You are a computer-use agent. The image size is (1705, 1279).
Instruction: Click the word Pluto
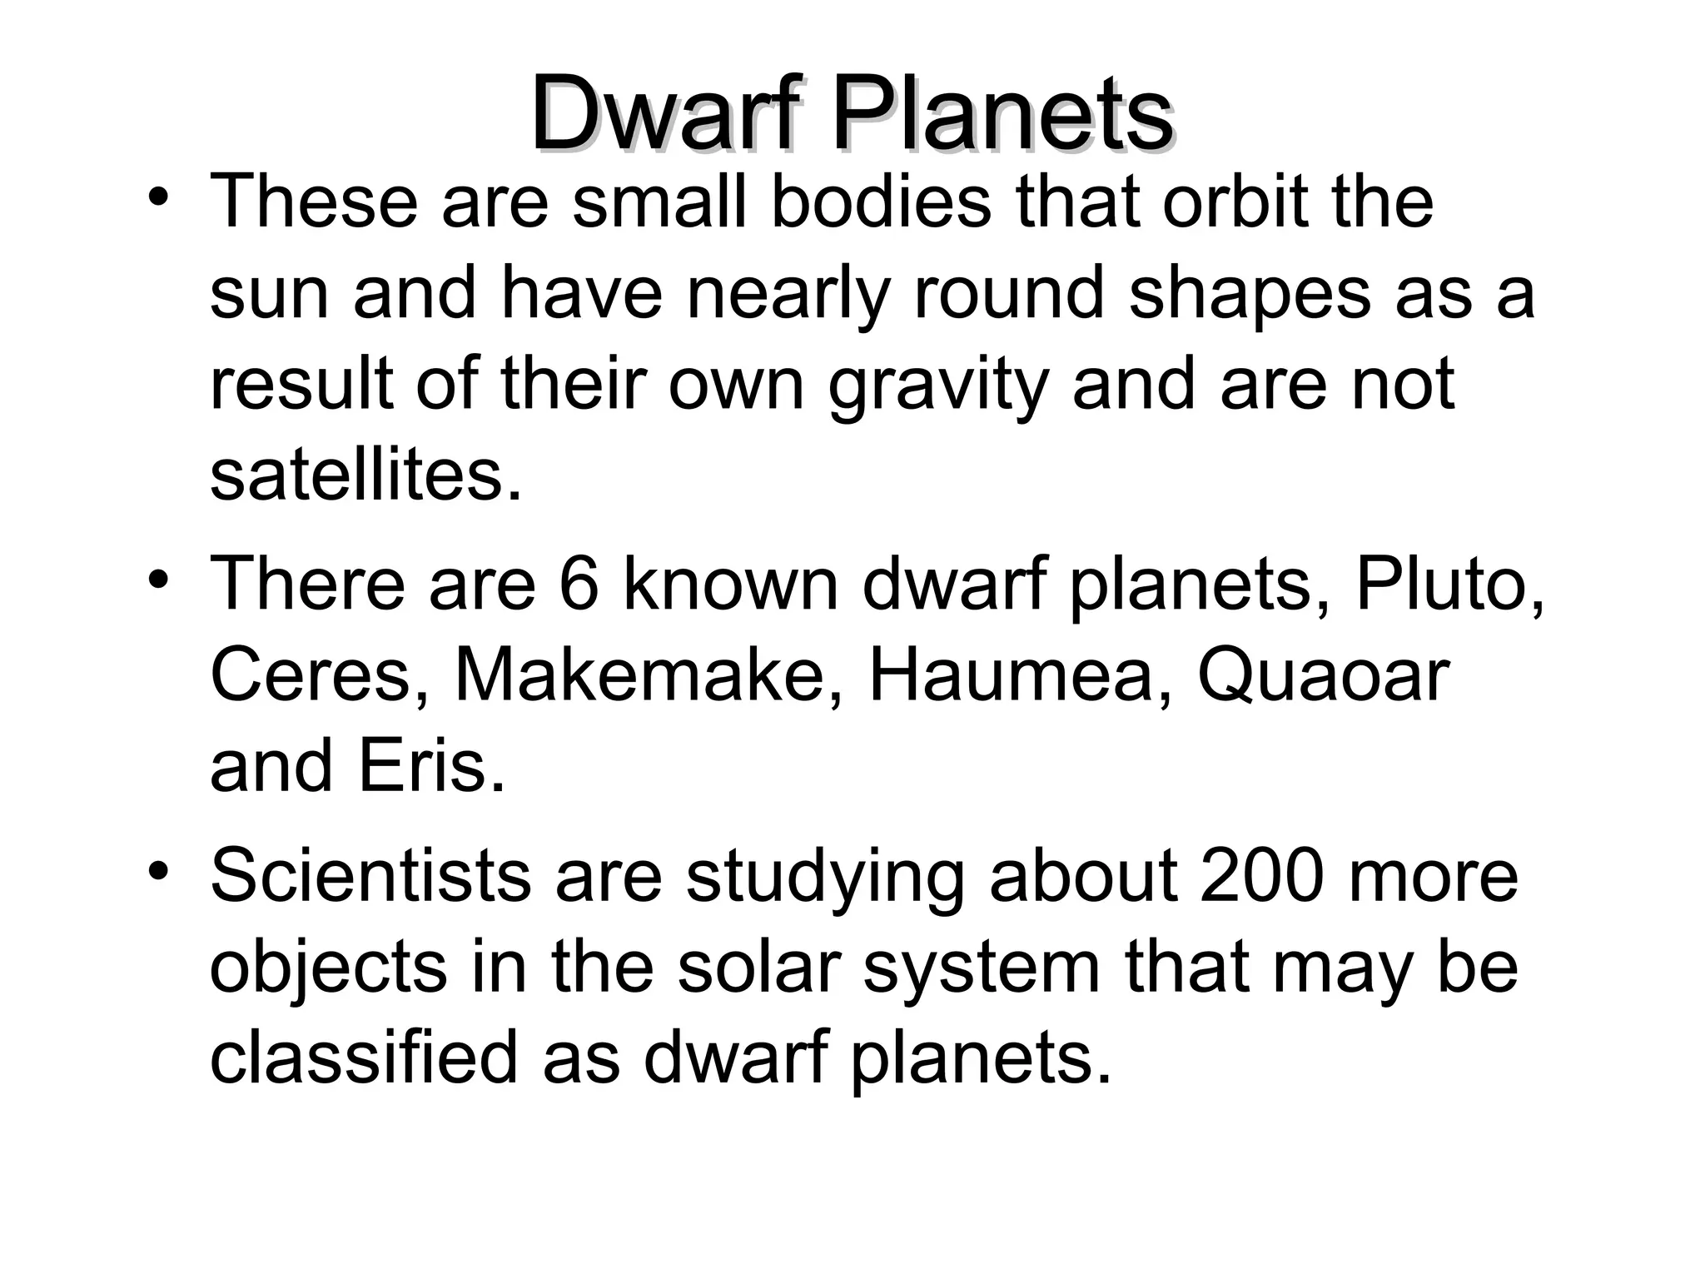click(1449, 585)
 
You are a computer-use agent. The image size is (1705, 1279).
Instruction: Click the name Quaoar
click(1324, 676)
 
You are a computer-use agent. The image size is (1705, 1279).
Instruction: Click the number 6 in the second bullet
click(579, 585)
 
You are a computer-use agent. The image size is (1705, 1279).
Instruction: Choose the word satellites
click(366, 476)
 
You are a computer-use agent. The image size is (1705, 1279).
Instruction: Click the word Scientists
click(370, 876)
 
